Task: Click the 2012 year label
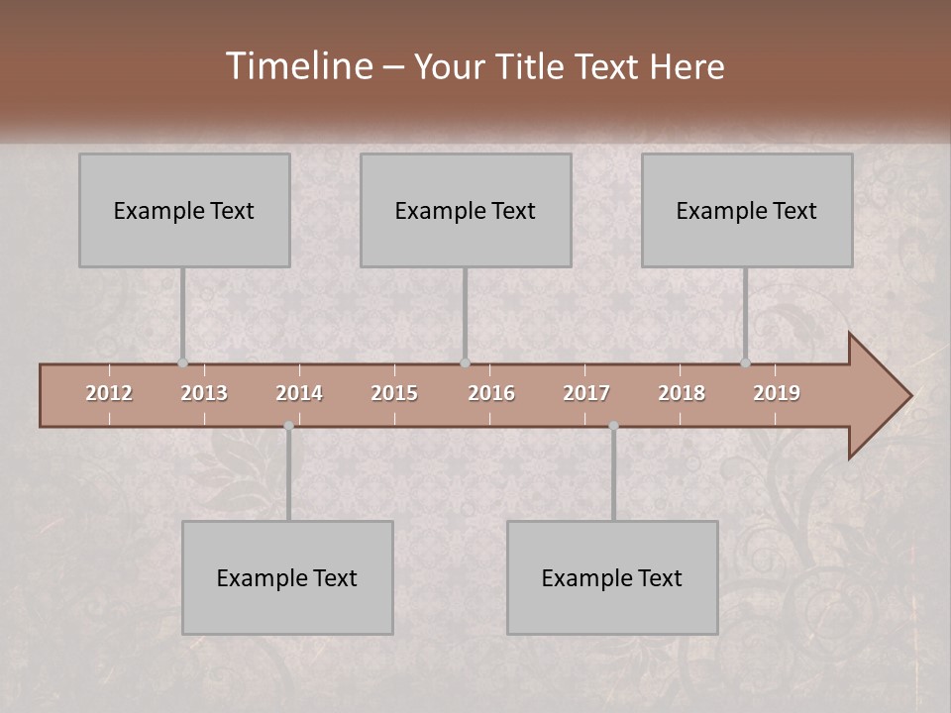click(109, 393)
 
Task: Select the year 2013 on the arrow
click(204, 393)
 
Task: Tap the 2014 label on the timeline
click(299, 393)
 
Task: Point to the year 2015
click(394, 393)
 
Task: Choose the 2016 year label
click(491, 393)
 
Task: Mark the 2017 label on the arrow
click(586, 393)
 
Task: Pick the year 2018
click(682, 393)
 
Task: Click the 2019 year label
click(777, 393)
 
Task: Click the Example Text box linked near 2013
click(184, 210)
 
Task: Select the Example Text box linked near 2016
click(466, 210)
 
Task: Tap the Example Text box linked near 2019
click(747, 210)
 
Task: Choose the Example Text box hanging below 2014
click(287, 577)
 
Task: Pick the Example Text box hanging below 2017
click(612, 577)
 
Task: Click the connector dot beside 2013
click(183, 362)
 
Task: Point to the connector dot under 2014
click(288, 426)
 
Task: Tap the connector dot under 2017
click(613, 426)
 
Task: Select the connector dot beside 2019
click(746, 362)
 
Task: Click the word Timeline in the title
click(298, 66)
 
